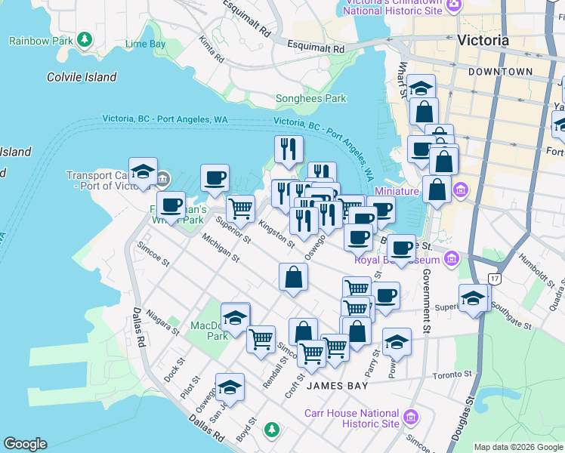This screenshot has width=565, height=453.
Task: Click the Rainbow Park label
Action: pyautogui.click(x=42, y=40)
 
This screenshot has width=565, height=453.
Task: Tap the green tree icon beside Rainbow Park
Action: pyautogui.click(x=85, y=39)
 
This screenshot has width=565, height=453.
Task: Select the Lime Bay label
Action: pyautogui.click(x=145, y=45)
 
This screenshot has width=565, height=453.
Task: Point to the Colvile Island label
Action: pyautogui.click(x=82, y=77)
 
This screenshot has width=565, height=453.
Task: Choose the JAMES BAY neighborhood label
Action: pyautogui.click(x=338, y=386)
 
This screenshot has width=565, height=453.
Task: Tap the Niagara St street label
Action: pyautogui.click(x=164, y=322)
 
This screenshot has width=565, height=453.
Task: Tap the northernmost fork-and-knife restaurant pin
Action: pyautogui.click(x=288, y=149)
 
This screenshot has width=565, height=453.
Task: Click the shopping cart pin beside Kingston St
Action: pyautogui.click(x=240, y=208)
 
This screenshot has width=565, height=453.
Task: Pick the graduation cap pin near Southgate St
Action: pyautogui.click(x=473, y=298)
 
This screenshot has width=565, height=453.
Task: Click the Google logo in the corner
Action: pyautogui.click(x=25, y=444)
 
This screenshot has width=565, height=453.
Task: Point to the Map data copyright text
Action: pyautogui.click(x=519, y=447)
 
